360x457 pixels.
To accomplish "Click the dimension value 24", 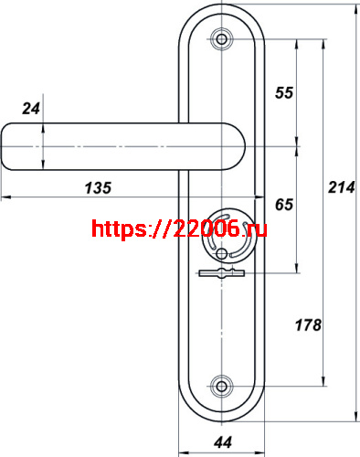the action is coord(31,109).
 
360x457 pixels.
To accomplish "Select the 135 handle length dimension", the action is coord(98,187).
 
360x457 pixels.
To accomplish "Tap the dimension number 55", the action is coord(284,92).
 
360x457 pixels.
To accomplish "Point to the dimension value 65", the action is coord(284,205).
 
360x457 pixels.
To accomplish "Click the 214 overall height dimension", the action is coord(342,187).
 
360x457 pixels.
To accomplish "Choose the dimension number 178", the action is coord(308,325).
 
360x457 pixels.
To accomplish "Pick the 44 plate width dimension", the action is coord(223,442).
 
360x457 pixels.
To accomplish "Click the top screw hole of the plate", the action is coord(221,39).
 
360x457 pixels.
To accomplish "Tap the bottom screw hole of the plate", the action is coord(221,387).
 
